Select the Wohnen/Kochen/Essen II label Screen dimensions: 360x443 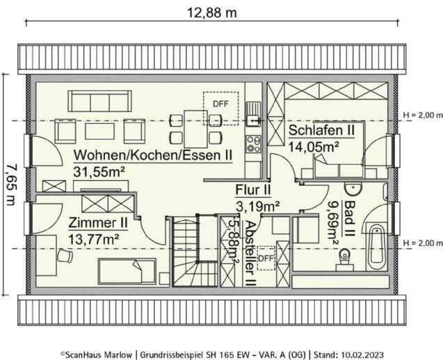[153, 154]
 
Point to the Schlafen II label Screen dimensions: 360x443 [322, 131]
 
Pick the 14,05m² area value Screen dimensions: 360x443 [313, 146]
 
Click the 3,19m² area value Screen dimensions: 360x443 [257, 205]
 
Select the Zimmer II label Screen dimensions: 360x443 [97, 223]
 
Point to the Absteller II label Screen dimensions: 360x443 [250, 254]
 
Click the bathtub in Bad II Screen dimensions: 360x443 [376, 246]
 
